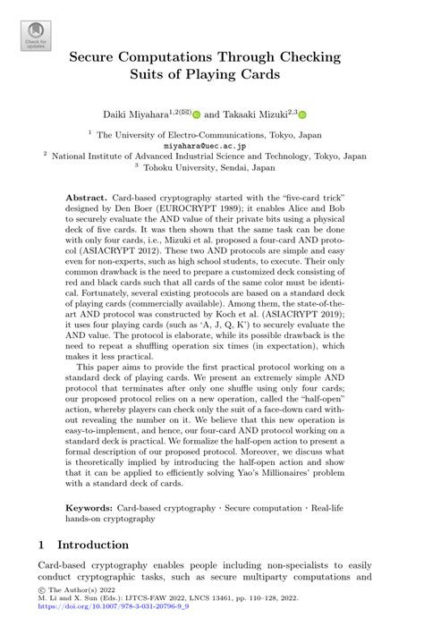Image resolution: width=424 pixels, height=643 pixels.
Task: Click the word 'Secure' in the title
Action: [x=107, y=56]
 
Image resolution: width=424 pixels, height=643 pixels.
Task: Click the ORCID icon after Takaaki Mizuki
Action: [x=302, y=115]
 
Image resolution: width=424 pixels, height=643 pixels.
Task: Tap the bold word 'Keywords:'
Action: [x=94, y=507]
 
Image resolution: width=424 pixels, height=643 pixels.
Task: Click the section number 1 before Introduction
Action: [x=41, y=545]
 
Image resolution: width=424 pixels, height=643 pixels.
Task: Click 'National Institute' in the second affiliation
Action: [x=98, y=155]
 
